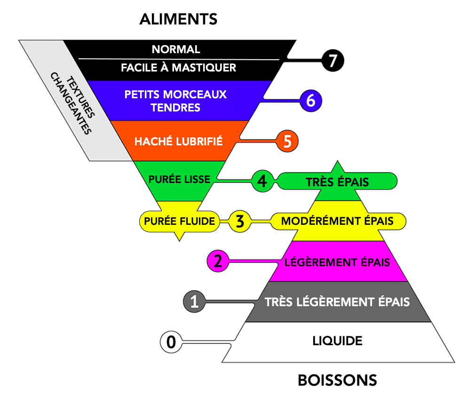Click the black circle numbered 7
coord(332,61)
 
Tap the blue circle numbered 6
coord(310,101)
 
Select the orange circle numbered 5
coord(287,140)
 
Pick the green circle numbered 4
coord(262,181)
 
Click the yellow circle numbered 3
coord(240,221)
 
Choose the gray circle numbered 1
coord(194,301)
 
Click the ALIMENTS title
coord(178,19)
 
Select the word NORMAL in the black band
coord(176,49)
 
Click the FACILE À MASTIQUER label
coord(178,68)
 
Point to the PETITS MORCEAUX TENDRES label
coord(175,101)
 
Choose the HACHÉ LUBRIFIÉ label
coord(178,141)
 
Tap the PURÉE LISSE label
coord(179,180)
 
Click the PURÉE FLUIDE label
coord(180,221)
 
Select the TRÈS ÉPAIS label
coord(337,182)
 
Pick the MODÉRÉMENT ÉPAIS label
coord(337,221)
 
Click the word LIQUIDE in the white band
coord(337,341)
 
